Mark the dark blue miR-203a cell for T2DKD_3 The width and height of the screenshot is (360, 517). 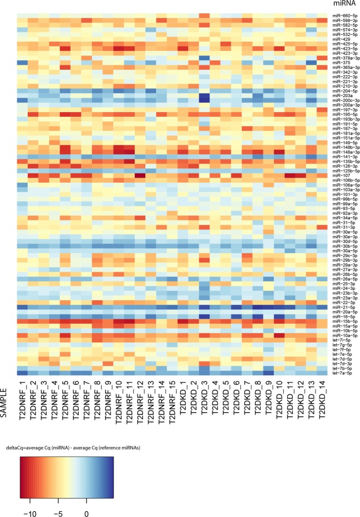point(202,97)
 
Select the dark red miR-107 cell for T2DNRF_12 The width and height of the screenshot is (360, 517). point(139,176)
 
